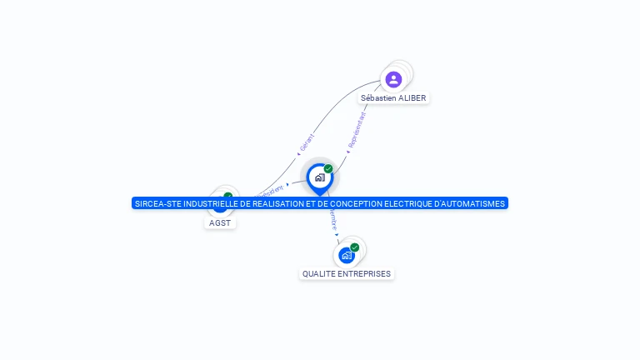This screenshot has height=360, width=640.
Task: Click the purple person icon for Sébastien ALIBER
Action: tap(393, 79)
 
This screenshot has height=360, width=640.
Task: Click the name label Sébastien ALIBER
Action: tap(393, 98)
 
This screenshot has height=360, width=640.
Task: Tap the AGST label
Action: tap(220, 223)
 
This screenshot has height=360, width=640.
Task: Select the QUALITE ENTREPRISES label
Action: tap(346, 273)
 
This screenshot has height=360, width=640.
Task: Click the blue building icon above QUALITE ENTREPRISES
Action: tap(347, 255)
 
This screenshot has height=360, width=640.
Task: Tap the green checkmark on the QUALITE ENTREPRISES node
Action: tap(355, 247)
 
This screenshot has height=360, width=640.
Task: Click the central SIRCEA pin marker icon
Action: tap(319, 177)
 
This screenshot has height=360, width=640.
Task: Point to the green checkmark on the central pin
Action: tap(328, 169)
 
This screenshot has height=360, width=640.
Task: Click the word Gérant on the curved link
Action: tap(306, 142)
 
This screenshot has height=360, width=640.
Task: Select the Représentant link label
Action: tap(357, 131)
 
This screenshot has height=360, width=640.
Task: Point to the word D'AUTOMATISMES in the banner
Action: tap(476, 203)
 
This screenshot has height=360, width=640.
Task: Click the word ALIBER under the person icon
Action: tap(412, 98)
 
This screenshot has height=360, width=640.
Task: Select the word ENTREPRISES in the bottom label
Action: tap(362, 273)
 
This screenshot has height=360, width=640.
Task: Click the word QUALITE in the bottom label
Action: tap(317, 273)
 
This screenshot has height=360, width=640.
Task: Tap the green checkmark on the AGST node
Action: tap(227, 196)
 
